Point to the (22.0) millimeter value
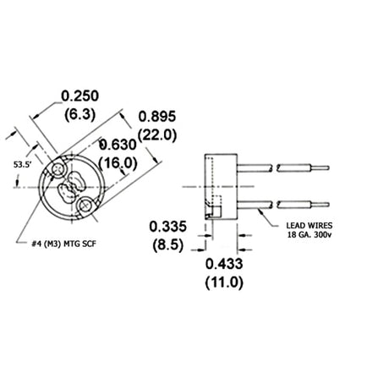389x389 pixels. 157,134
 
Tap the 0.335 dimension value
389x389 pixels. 167,227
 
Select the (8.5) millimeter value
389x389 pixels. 167,245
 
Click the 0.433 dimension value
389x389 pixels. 224,265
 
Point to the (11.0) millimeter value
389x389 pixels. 224,283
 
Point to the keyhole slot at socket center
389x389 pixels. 72,187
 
